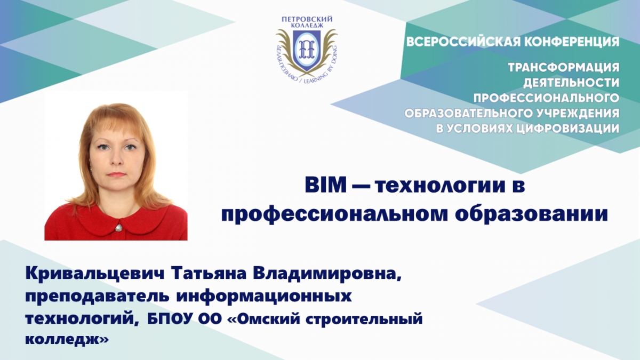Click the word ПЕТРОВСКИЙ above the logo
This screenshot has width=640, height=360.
[307, 19]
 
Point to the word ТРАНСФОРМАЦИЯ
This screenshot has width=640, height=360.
[564, 68]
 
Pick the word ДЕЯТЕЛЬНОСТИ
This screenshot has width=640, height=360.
[571, 83]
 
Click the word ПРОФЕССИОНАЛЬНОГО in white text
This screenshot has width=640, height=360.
[546, 98]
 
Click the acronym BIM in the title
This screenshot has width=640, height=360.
[325, 185]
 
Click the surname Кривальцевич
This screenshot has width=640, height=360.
[95, 274]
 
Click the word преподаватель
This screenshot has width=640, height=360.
[97, 297]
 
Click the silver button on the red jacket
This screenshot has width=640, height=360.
[118, 228]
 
